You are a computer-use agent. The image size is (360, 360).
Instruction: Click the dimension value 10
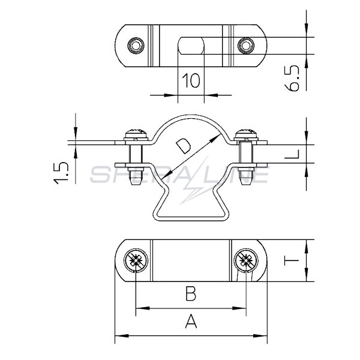click(x=191, y=80)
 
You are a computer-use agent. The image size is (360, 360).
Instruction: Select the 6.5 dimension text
click(x=292, y=78)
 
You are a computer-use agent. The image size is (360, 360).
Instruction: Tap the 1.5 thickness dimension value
click(x=61, y=173)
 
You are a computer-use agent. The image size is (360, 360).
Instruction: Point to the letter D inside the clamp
click(x=183, y=146)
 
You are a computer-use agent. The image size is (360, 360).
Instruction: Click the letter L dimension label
click(x=292, y=154)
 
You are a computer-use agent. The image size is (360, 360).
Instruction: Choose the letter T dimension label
click(x=292, y=261)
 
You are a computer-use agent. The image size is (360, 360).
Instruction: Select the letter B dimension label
click(x=191, y=293)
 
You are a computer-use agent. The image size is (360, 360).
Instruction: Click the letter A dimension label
click(x=191, y=321)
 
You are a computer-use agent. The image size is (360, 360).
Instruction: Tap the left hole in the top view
click(x=136, y=45)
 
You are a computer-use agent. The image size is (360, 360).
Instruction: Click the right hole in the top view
click(x=246, y=46)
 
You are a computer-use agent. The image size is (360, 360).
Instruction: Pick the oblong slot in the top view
click(x=191, y=46)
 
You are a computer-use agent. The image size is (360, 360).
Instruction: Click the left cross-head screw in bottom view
click(x=136, y=260)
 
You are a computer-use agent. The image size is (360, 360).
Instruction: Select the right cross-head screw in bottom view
click(x=246, y=260)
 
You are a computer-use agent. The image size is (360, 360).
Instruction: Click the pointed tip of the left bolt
click(x=136, y=184)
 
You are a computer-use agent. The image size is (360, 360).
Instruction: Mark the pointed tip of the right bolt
click(x=246, y=184)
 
